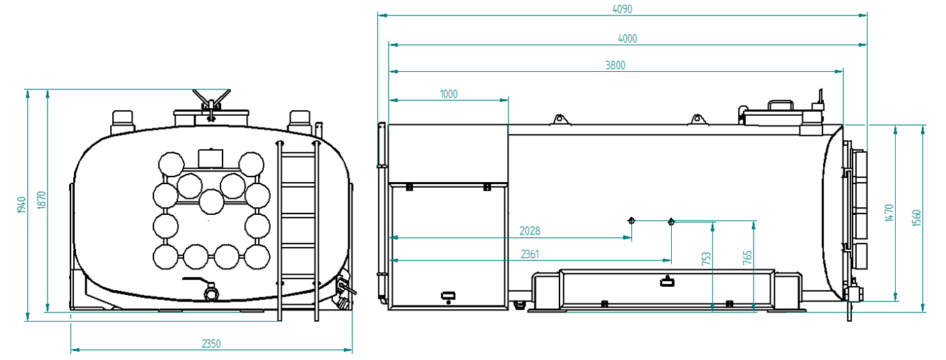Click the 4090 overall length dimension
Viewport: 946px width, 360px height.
pos(622,9)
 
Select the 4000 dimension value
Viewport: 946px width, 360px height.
pos(627,39)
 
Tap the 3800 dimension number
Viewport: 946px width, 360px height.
pos(615,66)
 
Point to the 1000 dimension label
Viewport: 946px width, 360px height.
pos(449,94)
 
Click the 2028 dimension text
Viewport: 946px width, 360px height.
pos(530,231)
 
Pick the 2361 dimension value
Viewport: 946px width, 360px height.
pos(530,255)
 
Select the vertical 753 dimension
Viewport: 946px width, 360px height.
pos(706,259)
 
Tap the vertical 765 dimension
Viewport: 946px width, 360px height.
pos(747,257)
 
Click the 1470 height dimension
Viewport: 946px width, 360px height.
pos(889,213)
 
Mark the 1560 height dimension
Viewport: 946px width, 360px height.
pos(916,218)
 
